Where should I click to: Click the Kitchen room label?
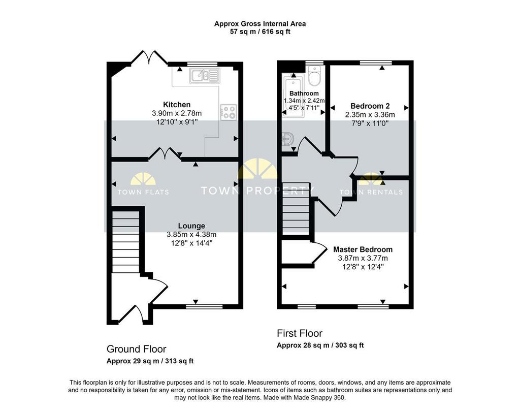point(177,105)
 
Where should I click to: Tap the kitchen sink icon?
point(205,76)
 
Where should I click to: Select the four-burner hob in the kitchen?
point(229,112)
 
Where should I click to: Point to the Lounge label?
point(191,226)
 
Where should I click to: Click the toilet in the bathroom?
point(314,75)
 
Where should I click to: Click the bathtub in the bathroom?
point(293,96)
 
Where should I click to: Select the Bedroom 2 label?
point(370,106)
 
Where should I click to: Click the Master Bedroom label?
point(363,249)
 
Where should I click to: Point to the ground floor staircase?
point(126,242)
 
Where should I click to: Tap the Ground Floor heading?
point(136,349)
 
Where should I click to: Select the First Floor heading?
point(300,333)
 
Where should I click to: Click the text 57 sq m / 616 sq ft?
point(260,32)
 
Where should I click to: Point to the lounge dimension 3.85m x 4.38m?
point(191,235)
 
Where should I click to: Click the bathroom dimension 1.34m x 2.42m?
point(304,101)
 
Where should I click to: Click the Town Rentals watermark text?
point(371,192)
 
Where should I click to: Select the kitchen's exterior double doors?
point(149,57)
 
